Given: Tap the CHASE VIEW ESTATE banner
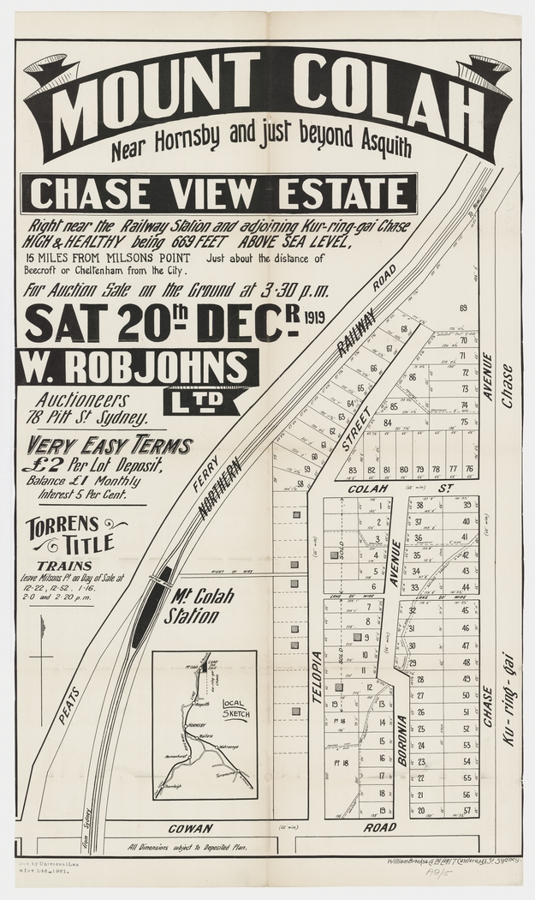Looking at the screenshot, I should click(x=222, y=193).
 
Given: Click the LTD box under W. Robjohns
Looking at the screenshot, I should click(x=200, y=399).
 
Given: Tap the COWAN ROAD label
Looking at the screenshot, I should click(x=282, y=828).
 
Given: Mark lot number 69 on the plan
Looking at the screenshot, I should click(x=463, y=309).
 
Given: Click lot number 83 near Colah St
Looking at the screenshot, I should click(x=353, y=470).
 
